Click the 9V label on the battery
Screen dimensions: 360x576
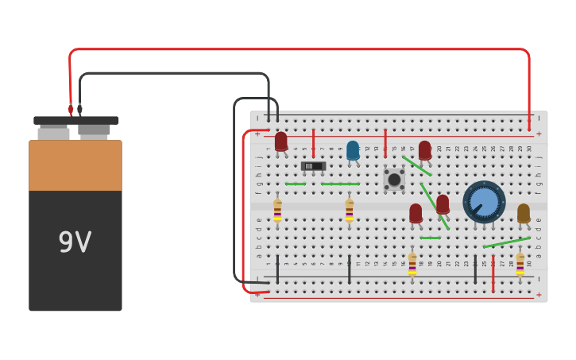tap(75, 242)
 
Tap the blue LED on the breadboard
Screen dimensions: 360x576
tap(353, 150)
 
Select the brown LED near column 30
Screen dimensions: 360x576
tap(523, 213)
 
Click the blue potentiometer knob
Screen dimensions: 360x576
tap(484, 202)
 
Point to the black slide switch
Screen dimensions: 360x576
tap(313, 166)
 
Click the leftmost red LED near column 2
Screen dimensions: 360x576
tap(281, 141)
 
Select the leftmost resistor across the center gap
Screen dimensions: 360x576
tap(277, 210)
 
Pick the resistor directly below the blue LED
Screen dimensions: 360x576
tap(349, 210)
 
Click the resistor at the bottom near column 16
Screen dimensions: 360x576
tap(412, 264)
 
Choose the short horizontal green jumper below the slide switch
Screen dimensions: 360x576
tap(295, 184)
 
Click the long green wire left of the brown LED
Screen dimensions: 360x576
tap(506, 242)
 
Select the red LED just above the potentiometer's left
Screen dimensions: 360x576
tap(443, 204)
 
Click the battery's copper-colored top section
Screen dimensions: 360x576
tap(75, 165)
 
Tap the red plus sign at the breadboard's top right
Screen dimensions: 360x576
tap(539, 134)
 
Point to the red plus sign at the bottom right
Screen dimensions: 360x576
tap(539, 295)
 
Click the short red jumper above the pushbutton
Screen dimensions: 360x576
tap(385, 143)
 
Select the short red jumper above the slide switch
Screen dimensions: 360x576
tap(313, 143)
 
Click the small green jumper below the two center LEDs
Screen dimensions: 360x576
tap(430, 238)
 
